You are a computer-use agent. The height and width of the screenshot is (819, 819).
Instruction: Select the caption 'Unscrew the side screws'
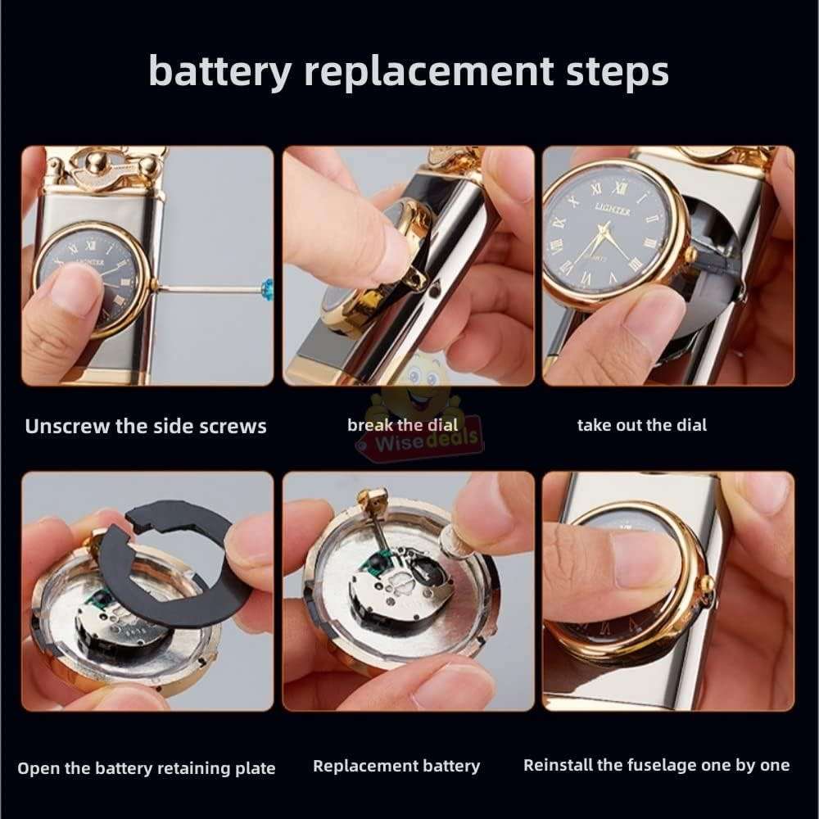coord(145,427)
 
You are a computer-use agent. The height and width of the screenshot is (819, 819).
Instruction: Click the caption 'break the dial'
coord(396,424)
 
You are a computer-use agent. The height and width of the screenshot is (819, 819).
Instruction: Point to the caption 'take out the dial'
coord(641,425)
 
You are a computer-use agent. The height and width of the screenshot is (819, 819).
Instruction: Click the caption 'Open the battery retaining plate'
coord(146,768)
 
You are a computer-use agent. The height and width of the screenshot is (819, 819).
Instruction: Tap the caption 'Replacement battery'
coord(396,767)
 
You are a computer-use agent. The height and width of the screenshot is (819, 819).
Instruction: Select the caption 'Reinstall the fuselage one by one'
coord(656,765)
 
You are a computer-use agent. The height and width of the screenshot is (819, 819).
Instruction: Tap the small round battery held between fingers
coord(453,539)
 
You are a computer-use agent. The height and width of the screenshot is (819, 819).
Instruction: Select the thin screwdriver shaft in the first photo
coord(205,288)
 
